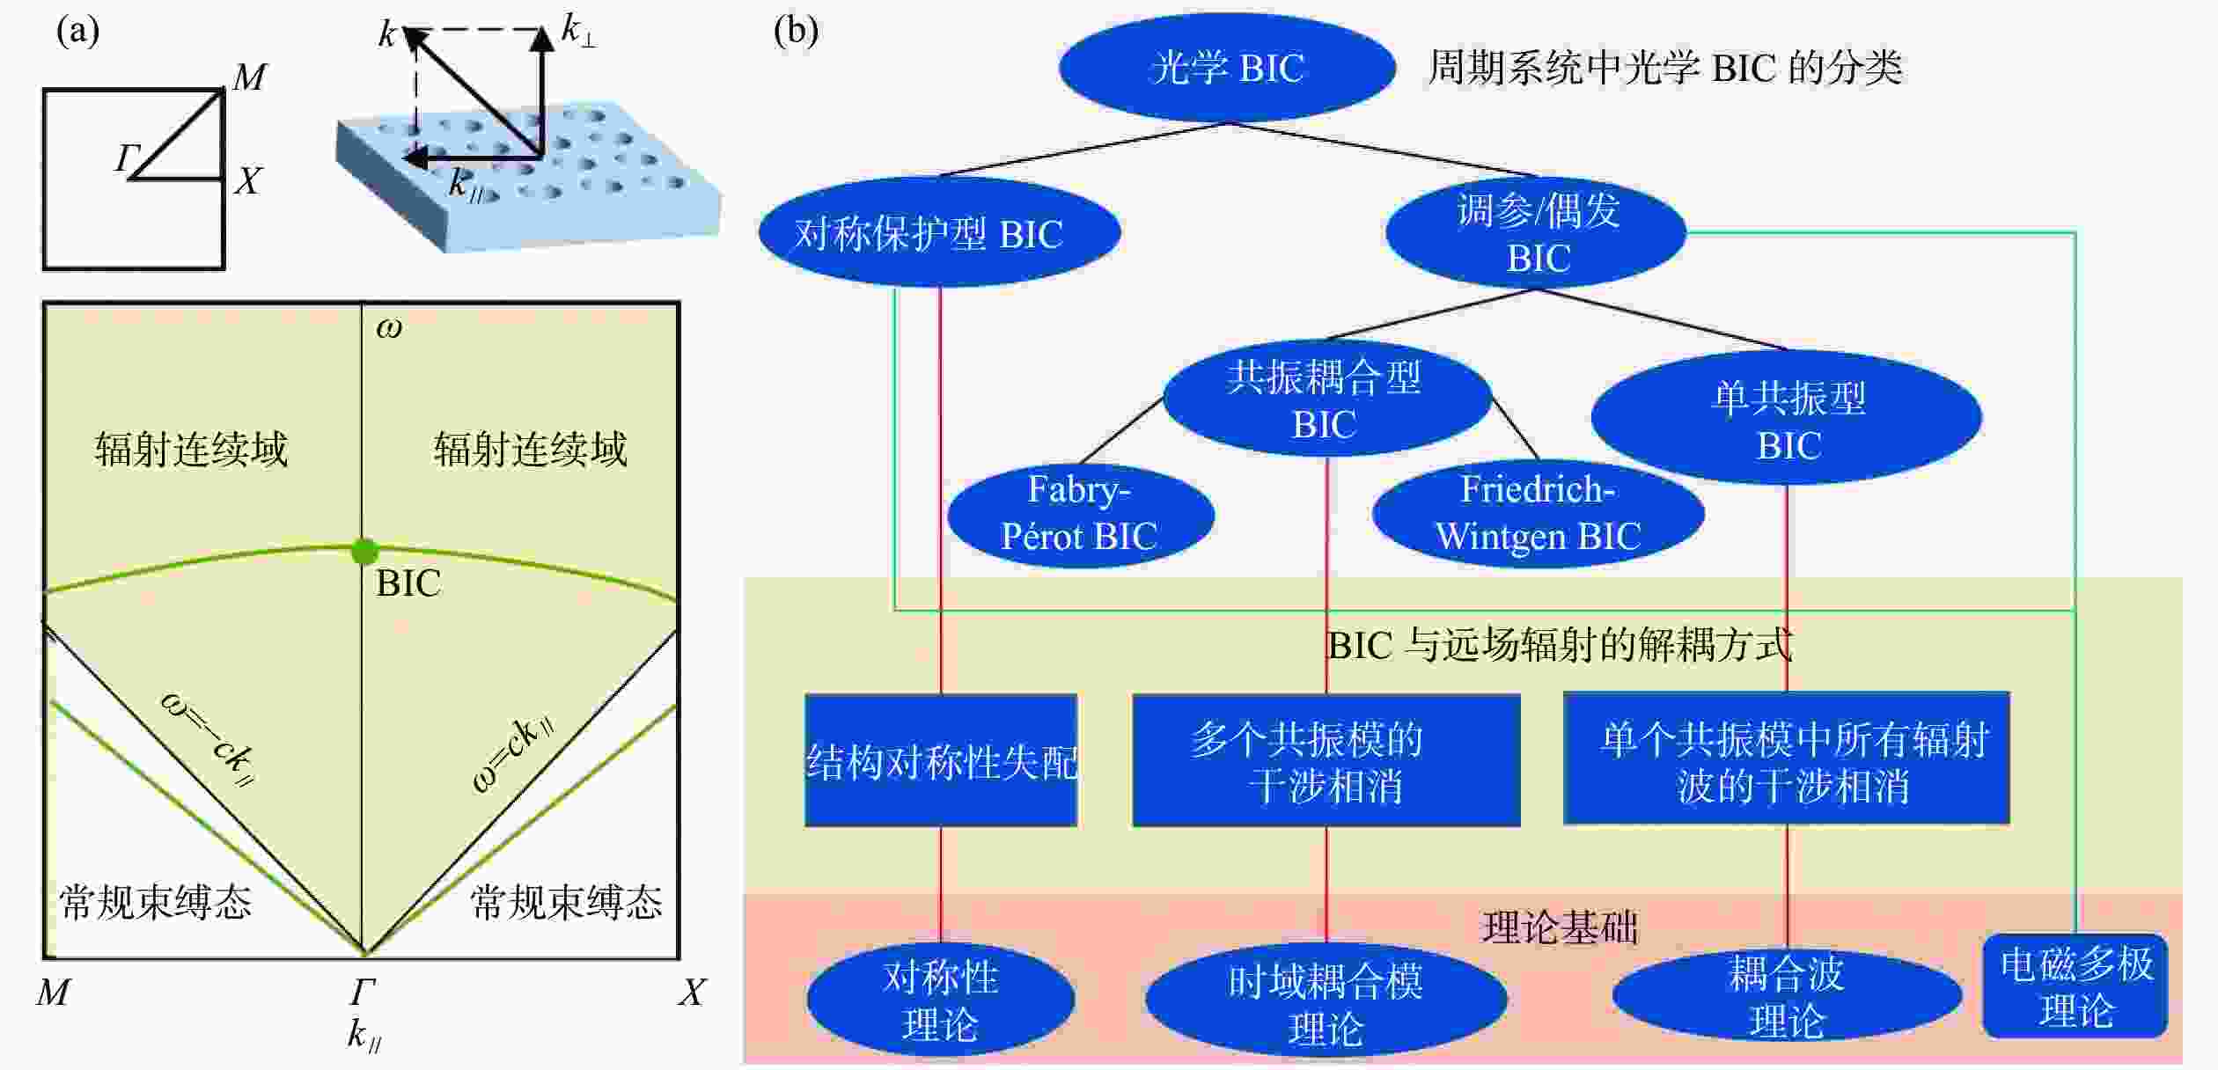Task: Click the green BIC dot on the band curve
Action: (x=364, y=552)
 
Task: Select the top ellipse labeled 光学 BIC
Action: (x=1227, y=67)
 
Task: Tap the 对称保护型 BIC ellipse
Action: (x=939, y=232)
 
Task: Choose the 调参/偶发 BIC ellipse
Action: (x=1536, y=233)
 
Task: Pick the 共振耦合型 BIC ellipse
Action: (x=1326, y=399)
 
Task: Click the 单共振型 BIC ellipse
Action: (x=1787, y=418)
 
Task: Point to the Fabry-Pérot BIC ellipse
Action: (x=1081, y=514)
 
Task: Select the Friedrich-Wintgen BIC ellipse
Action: (x=1539, y=513)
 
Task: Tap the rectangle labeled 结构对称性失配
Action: (x=941, y=760)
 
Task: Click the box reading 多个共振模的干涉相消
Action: (x=1326, y=760)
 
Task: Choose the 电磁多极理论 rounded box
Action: (x=2075, y=986)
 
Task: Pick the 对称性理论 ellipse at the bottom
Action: (x=941, y=1000)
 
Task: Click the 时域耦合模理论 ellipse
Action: (x=1326, y=1002)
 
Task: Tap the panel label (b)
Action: (x=795, y=32)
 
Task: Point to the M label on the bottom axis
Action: (x=53, y=993)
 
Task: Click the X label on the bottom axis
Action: (x=692, y=993)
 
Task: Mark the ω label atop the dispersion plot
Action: (x=389, y=327)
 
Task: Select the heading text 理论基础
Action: (x=1561, y=927)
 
